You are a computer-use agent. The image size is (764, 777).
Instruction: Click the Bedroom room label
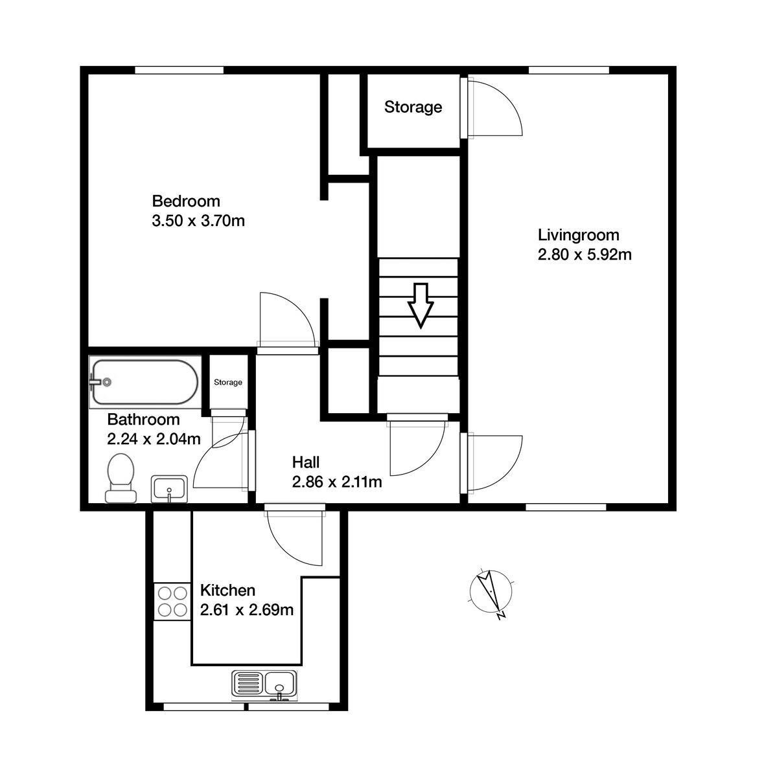pyautogui.click(x=185, y=201)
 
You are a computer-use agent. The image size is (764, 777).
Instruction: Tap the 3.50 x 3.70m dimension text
pyautogui.click(x=198, y=221)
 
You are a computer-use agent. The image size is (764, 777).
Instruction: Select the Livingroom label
pyautogui.click(x=578, y=234)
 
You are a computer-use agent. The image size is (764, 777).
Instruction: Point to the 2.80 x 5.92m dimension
pyautogui.click(x=585, y=254)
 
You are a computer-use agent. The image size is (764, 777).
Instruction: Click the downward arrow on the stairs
pyautogui.click(x=421, y=305)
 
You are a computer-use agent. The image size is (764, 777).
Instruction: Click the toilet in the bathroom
pyautogui.click(x=121, y=479)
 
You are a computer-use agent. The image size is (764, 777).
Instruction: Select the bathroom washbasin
pyautogui.click(x=169, y=488)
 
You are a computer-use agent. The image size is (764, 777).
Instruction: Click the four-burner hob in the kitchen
pyautogui.click(x=172, y=601)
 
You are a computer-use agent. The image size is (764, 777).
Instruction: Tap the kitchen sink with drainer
pyautogui.click(x=264, y=685)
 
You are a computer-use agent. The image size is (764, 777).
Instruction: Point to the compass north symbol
pyautogui.click(x=491, y=592)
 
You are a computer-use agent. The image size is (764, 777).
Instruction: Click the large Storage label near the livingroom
pyautogui.click(x=413, y=107)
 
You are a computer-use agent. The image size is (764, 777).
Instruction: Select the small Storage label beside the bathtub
pyautogui.click(x=228, y=382)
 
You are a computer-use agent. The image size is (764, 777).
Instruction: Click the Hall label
pyautogui.click(x=305, y=462)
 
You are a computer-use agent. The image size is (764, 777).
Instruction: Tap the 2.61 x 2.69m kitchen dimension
pyautogui.click(x=246, y=610)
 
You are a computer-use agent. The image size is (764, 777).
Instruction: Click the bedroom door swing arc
pyautogui.click(x=286, y=320)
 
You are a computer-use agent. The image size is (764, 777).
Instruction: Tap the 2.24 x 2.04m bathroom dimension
pyautogui.click(x=154, y=439)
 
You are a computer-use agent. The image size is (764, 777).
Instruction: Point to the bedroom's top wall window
pyautogui.click(x=179, y=70)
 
